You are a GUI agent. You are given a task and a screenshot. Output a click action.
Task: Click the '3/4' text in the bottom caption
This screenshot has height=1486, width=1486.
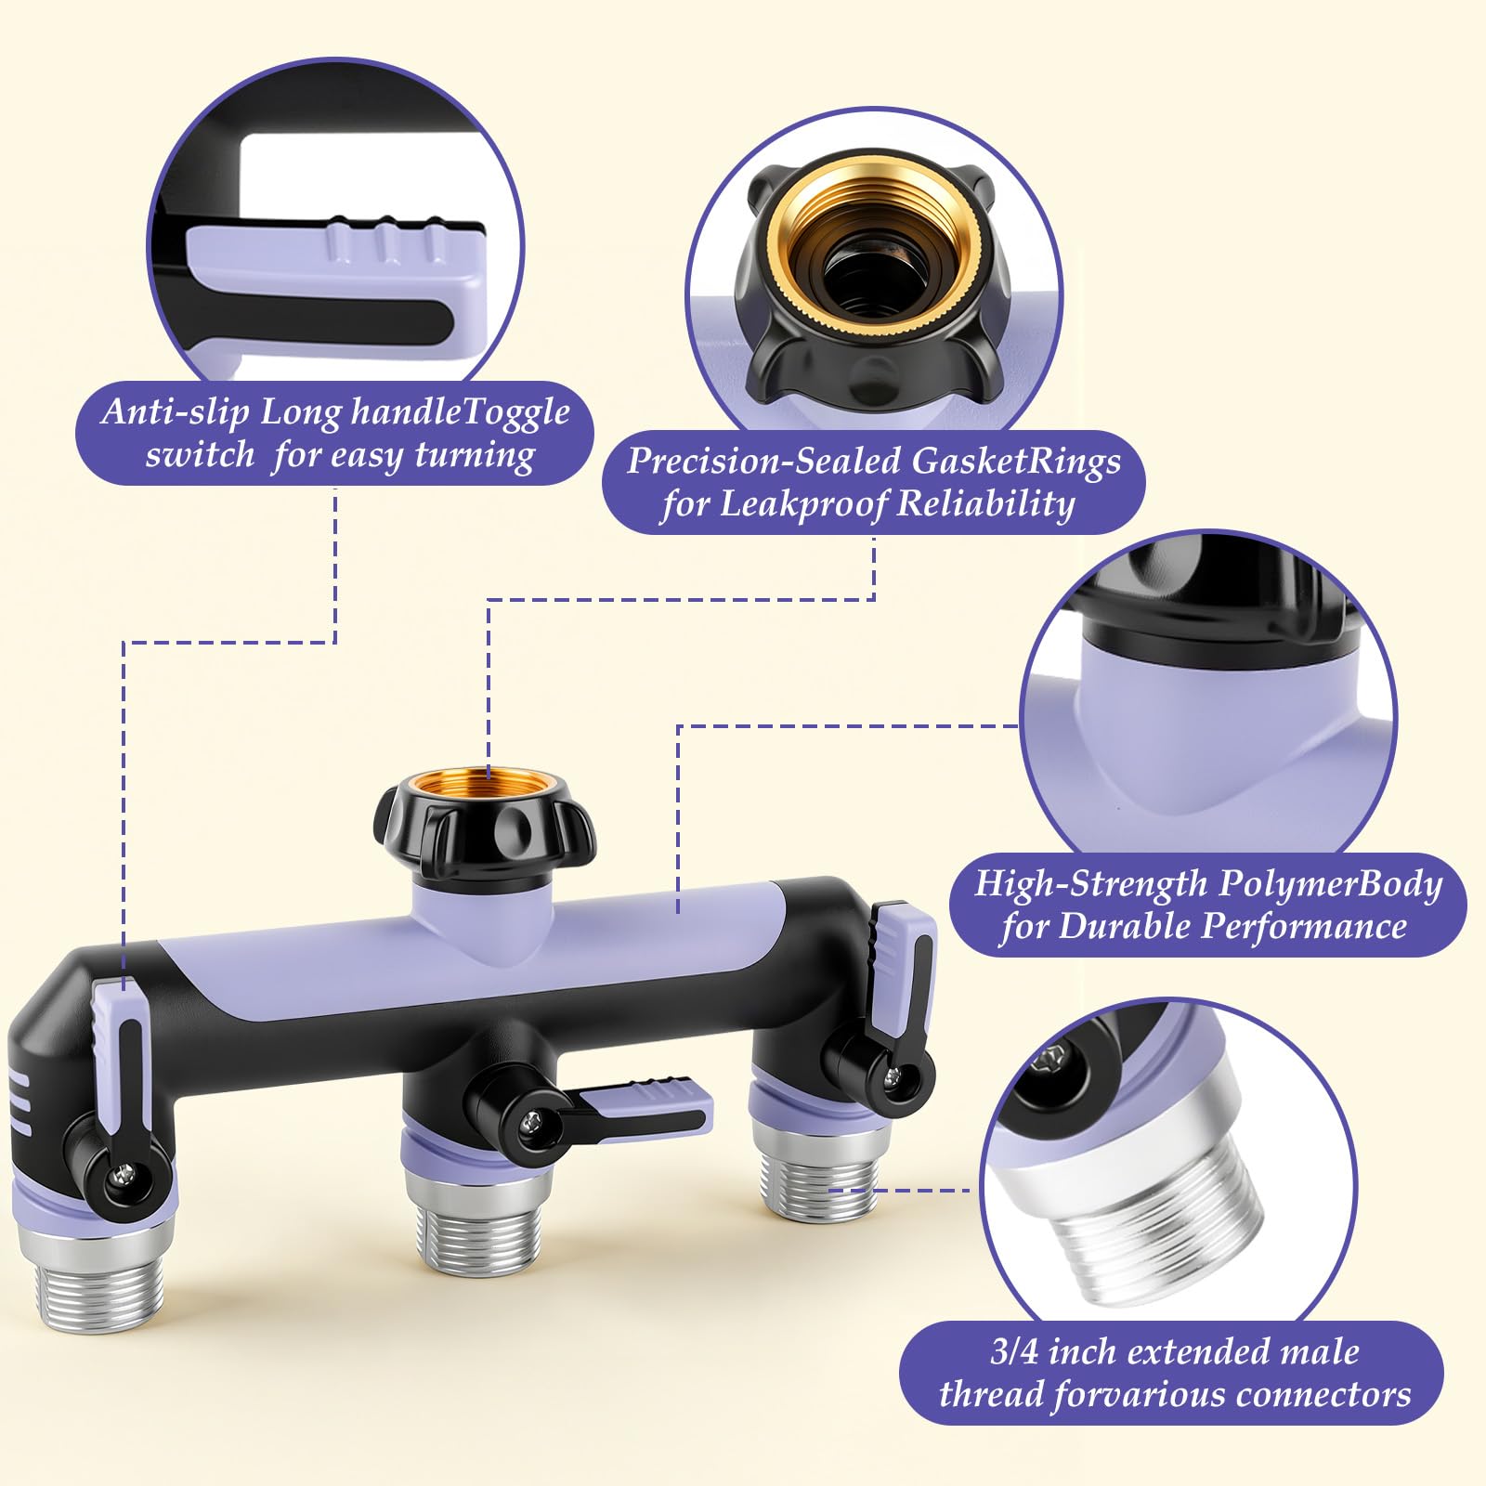pos(1014,1351)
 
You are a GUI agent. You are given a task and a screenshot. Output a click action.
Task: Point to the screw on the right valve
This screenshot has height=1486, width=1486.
pos(893,1078)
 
